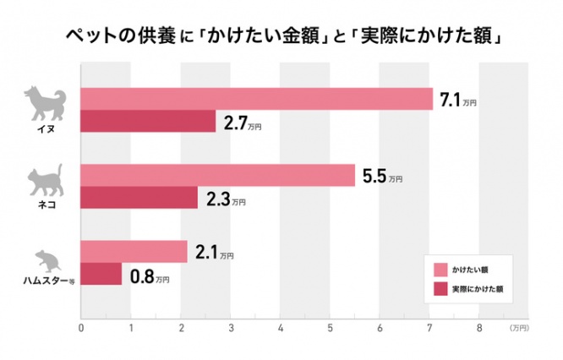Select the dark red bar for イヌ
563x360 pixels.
[x=148, y=122]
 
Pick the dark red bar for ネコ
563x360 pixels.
[x=139, y=198]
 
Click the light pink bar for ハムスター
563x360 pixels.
[x=134, y=251]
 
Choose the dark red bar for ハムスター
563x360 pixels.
[x=101, y=274]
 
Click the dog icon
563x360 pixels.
[x=41, y=101]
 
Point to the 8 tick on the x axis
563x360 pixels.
[x=479, y=327]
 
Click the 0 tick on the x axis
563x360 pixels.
[x=81, y=327]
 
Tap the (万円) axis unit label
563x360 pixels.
[x=519, y=327]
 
